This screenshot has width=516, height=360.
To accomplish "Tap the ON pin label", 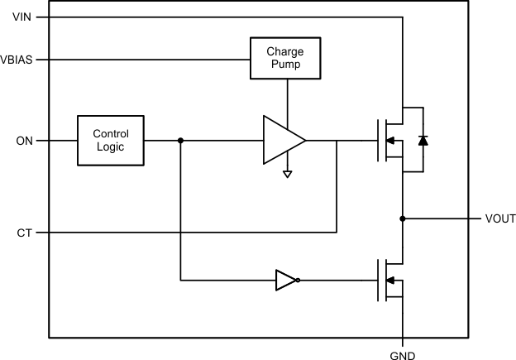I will point(25,141).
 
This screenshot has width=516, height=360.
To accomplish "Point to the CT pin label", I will point(25,233).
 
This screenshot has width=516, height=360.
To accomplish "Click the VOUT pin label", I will point(499,219).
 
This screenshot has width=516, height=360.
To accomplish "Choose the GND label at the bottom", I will point(402,353).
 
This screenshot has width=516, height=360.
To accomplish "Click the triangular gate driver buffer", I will point(282,141).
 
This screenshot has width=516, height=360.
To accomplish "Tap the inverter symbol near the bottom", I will point(285,281).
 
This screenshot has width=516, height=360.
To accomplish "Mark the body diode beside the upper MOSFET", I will point(423,141).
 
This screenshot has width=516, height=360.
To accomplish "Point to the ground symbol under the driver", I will point(286,174).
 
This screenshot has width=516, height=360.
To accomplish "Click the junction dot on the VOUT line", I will point(402,219).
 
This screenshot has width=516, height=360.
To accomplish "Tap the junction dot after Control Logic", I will point(180,141).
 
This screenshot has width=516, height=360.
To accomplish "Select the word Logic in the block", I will point(110,147).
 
